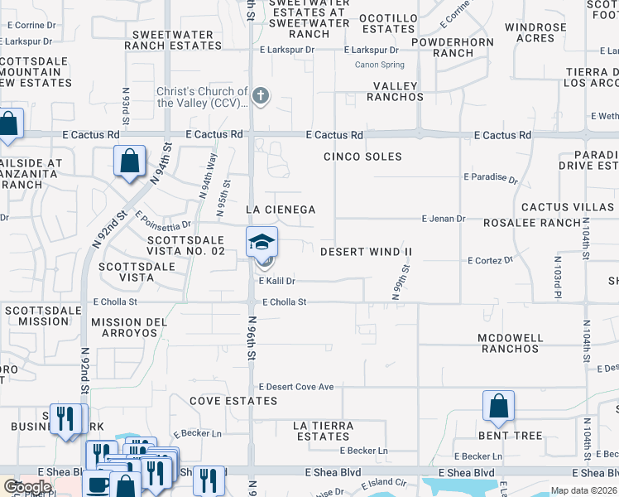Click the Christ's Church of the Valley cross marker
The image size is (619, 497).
coord(261,96)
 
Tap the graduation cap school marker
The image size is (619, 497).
coord(262,242)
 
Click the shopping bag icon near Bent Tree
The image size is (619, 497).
coord(498,406)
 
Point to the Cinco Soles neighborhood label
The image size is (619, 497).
coord(362,157)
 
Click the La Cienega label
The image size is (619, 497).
coord(281,210)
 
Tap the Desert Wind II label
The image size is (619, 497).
coord(366,251)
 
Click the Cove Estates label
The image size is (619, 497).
coord(233,401)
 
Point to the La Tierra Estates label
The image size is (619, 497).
coord(324,431)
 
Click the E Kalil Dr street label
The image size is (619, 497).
coord(277,282)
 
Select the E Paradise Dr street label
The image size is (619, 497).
coord(490,177)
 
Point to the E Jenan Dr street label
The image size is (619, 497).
coord(444,219)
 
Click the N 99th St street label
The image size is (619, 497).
coord(404,282)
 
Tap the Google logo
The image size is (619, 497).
coord(26,487)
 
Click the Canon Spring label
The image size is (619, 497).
coord(380,65)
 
